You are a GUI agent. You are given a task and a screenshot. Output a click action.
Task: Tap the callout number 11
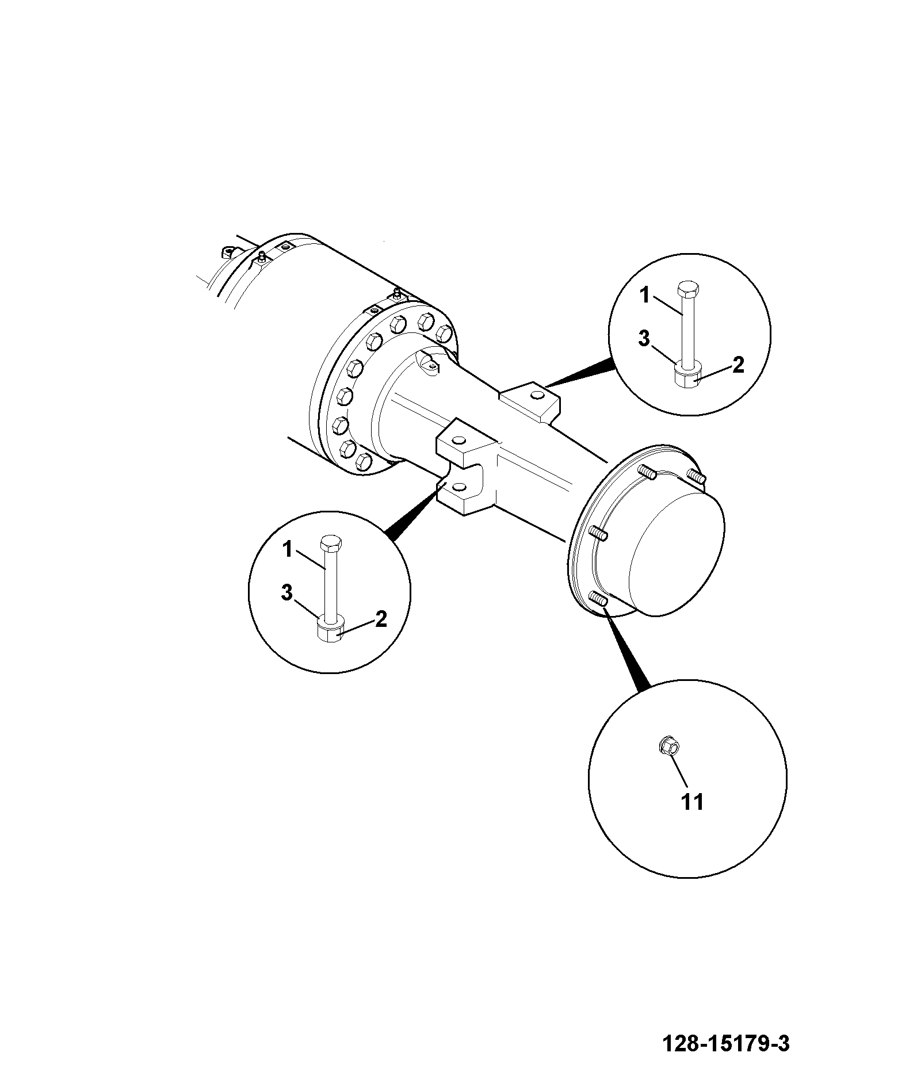693,802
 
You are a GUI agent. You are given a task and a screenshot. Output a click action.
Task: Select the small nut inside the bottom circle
668,748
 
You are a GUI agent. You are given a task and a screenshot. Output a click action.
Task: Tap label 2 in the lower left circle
381,619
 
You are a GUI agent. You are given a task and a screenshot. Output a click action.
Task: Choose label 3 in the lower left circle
287,593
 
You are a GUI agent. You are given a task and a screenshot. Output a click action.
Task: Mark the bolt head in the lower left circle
330,542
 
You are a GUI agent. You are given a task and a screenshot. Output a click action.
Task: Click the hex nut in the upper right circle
687,378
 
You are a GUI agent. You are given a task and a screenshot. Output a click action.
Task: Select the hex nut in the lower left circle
331,632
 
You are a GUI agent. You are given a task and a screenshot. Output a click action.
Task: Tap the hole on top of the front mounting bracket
459,441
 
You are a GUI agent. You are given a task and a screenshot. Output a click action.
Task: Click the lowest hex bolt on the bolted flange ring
363,461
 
